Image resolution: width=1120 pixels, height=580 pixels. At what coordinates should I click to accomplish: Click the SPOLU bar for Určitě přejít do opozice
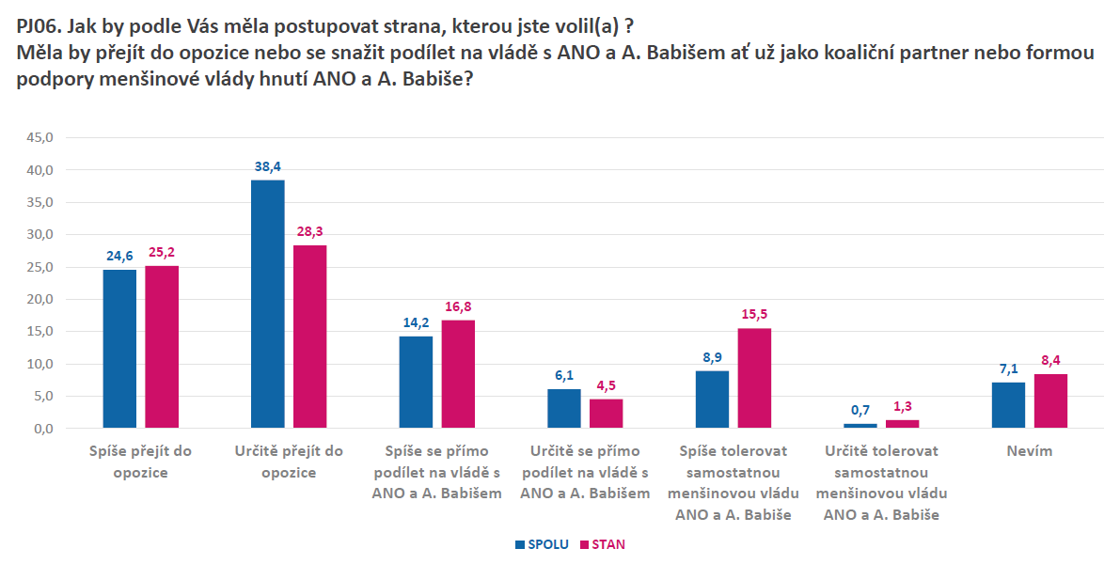click(268, 304)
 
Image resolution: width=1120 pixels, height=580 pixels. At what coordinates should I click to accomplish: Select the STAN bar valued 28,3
click(309, 337)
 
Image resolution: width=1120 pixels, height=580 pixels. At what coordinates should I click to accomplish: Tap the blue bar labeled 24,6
click(119, 349)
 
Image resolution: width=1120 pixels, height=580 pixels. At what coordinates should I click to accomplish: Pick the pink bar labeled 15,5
click(754, 378)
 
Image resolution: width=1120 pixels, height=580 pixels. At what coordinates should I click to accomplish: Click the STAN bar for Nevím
click(1050, 401)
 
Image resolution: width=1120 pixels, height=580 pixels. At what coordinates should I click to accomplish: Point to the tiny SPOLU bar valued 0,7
click(860, 426)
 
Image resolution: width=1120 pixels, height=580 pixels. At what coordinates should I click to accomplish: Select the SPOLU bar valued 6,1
click(564, 409)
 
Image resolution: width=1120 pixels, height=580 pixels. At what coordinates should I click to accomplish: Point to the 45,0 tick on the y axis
click(40, 137)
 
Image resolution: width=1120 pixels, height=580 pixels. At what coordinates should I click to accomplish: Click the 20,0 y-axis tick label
click(40, 299)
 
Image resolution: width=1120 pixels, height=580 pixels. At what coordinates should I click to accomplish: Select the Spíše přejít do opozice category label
click(139, 462)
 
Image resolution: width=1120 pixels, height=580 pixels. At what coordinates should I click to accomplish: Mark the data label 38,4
click(268, 166)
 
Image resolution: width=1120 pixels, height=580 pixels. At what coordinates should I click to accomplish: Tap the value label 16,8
click(458, 306)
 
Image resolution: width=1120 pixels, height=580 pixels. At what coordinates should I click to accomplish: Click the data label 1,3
click(902, 406)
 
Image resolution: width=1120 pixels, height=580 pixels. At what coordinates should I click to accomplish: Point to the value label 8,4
click(1050, 360)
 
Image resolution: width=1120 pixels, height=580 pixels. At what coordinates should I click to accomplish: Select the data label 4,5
click(606, 385)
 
